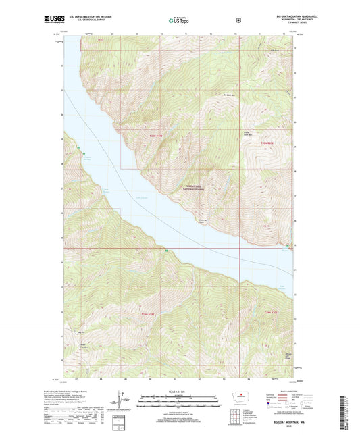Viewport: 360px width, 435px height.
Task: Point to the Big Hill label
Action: pyautogui.click(x=82, y=332)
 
